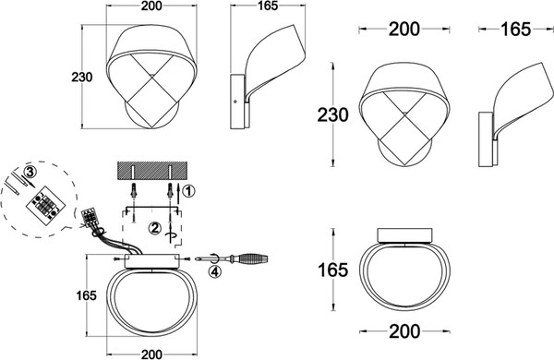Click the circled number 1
click(189, 191)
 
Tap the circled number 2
click(154, 228)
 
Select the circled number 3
click(30, 172)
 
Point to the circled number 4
click(215, 271)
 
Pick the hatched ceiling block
click(152, 170)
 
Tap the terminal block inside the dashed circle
click(45, 206)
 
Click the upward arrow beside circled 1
click(179, 193)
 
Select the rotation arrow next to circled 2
click(171, 236)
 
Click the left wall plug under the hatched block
click(134, 190)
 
